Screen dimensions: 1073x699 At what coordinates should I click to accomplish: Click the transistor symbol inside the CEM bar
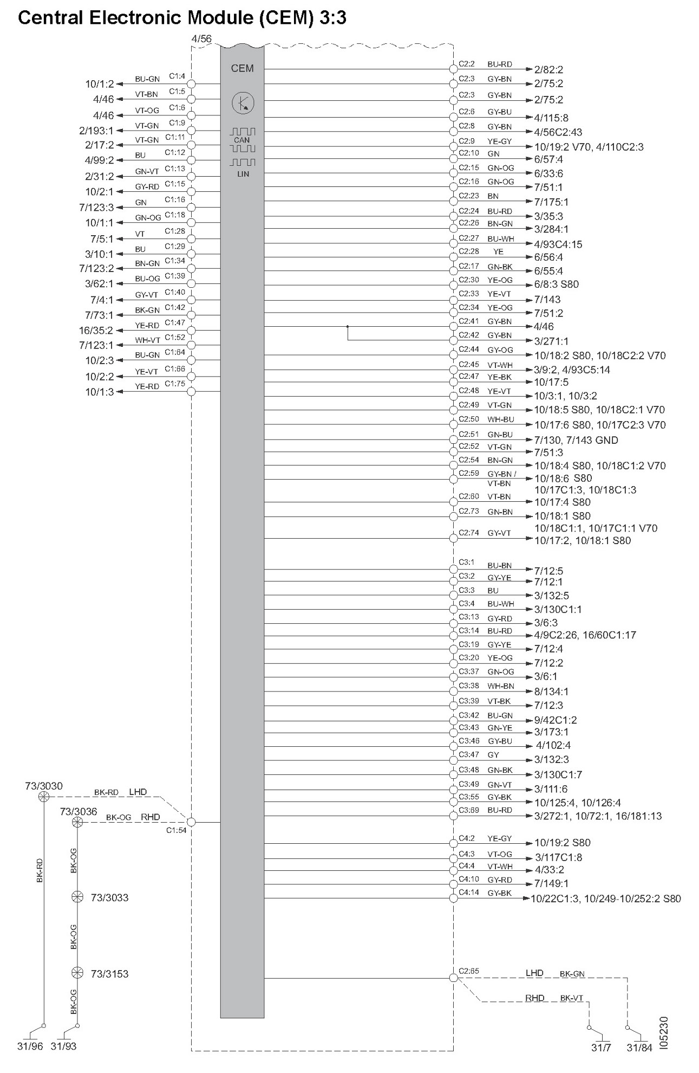243,102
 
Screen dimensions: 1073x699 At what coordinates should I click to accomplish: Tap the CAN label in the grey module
242,140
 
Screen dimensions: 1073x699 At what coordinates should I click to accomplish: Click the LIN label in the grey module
243,174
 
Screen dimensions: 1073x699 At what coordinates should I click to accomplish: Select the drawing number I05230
665,1032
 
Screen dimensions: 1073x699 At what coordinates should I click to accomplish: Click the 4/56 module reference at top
201,39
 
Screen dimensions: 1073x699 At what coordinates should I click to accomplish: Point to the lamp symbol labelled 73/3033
77,897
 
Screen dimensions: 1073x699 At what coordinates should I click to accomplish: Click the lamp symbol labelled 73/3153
77,973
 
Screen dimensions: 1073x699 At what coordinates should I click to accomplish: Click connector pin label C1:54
177,830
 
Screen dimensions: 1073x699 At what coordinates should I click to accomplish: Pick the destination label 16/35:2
96,330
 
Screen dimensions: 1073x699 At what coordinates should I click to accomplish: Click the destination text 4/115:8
551,118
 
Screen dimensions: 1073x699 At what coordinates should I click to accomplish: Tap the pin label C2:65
469,971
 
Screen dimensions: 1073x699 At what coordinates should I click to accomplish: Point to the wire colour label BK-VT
571,998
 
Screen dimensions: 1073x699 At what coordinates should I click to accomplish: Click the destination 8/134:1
551,691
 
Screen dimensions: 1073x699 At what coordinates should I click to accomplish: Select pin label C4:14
469,892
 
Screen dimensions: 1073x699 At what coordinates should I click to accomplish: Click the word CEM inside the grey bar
242,68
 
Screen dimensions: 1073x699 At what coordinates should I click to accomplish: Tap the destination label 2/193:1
96,131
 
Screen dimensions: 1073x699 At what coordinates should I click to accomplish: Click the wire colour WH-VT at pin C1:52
147,340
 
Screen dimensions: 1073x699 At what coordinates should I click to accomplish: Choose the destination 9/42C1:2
555,720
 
